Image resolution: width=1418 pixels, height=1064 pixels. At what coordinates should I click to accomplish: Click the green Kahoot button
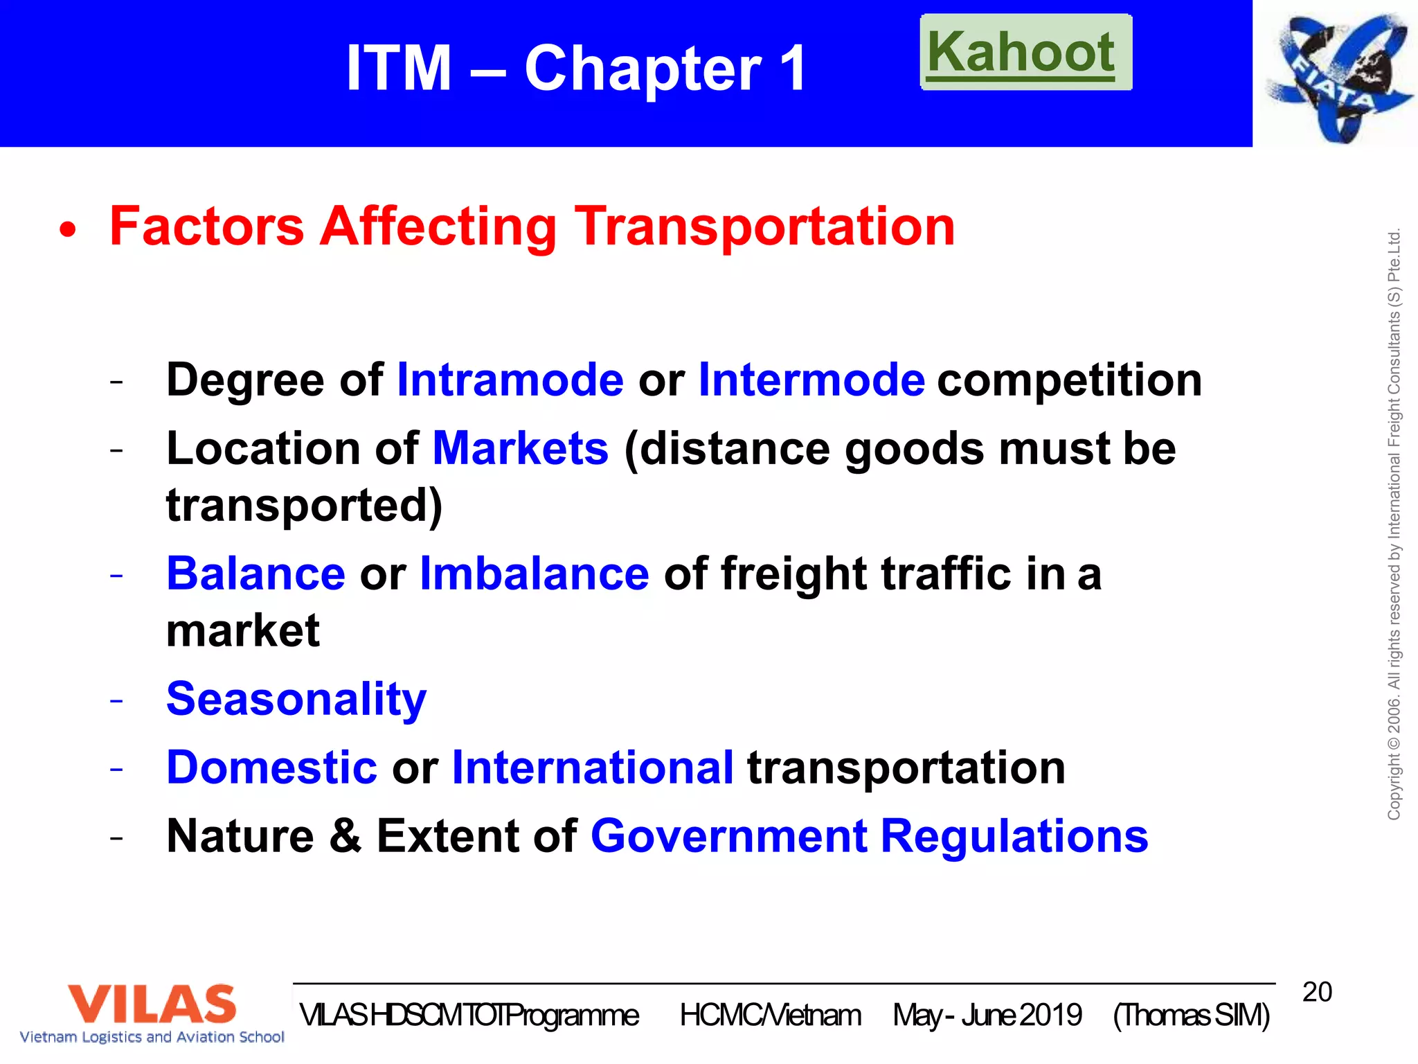click(1025, 53)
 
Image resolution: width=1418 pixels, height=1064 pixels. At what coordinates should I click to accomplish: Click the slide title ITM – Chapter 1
click(576, 68)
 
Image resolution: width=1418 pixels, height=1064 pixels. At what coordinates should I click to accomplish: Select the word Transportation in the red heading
click(764, 227)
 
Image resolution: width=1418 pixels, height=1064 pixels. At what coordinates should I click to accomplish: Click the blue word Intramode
click(510, 380)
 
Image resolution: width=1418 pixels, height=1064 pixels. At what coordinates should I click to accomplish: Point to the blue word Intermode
click(811, 380)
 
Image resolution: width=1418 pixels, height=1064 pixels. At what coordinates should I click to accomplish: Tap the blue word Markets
click(520, 449)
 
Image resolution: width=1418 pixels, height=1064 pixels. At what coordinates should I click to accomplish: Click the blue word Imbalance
click(535, 574)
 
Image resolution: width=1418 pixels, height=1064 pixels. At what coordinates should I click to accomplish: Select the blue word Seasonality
click(296, 699)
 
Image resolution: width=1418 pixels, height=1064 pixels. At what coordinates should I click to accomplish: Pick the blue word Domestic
click(271, 768)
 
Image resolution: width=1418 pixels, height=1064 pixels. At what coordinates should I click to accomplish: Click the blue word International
click(592, 768)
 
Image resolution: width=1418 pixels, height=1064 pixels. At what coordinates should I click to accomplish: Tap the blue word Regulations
click(1014, 836)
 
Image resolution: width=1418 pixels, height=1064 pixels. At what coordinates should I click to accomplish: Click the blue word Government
click(728, 836)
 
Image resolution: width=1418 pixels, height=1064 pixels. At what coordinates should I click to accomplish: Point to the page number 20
click(1317, 992)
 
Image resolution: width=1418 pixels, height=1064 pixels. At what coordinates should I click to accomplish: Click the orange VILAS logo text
click(152, 1004)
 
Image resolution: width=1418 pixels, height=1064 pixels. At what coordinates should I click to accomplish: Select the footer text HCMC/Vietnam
click(770, 1016)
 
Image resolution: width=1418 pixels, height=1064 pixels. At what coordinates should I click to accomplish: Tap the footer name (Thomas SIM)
click(1191, 1016)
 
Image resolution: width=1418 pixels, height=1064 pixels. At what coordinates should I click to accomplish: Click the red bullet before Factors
click(67, 230)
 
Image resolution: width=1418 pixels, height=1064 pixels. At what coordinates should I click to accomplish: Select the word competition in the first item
click(1069, 380)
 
